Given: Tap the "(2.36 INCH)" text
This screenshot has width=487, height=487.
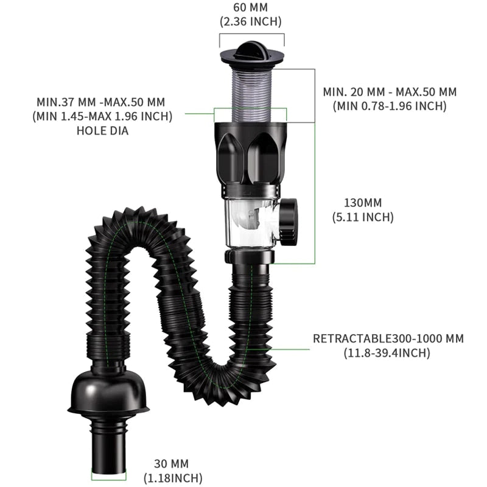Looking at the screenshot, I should coord(250,21).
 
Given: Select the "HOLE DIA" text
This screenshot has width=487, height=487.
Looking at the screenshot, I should coord(102,130).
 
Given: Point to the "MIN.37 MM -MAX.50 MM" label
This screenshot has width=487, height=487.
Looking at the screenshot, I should coord(101,102).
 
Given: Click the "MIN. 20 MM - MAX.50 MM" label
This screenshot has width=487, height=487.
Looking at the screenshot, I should coord(390,92).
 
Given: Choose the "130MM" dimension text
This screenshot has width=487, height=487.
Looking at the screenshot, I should coord(362,202).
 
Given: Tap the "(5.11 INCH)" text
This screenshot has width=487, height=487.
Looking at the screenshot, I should coord(362,217).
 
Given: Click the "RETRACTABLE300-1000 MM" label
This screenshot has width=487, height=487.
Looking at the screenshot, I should coord(388,338).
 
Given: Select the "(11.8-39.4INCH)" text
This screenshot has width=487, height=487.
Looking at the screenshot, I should coord(388,353).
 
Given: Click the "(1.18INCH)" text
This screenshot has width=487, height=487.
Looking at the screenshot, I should coord(173,478).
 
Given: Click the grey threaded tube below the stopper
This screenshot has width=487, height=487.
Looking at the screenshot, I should coord(251,91).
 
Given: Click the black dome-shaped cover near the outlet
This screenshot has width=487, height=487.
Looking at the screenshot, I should coord(108,390).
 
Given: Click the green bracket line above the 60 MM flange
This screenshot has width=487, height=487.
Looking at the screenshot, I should coord(251,34).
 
